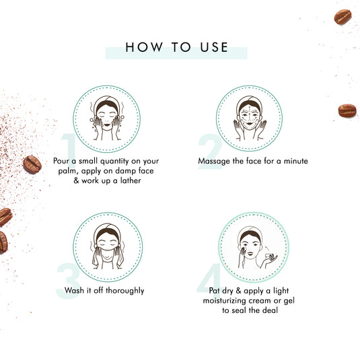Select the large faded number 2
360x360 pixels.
tap(210, 149)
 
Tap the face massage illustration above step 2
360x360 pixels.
tap(250, 118)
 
